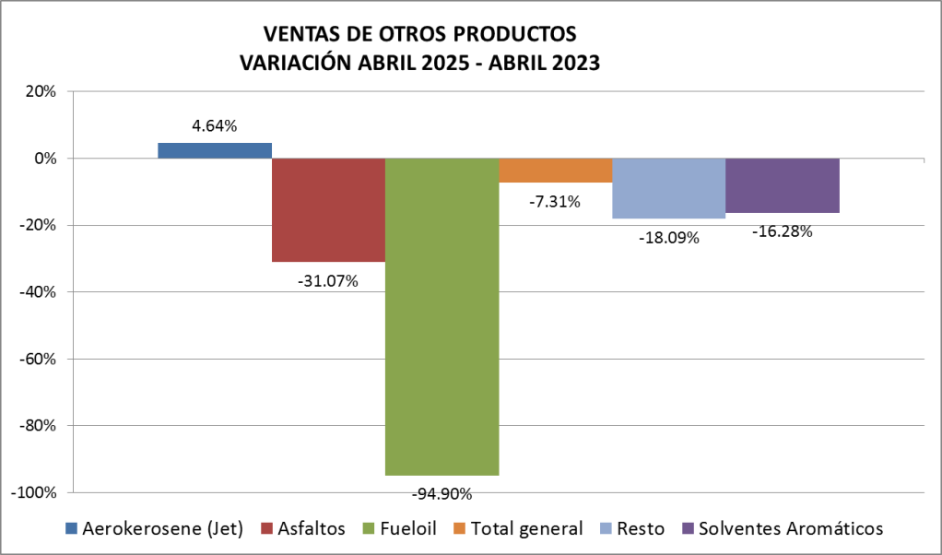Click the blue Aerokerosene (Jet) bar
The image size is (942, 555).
click(x=215, y=150)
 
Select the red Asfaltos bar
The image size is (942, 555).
click(x=328, y=209)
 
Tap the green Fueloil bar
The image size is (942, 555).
click(x=442, y=316)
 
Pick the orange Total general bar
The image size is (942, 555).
click(x=555, y=170)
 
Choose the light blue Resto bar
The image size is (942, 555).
click(x=668, y=188)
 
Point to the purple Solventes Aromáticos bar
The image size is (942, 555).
click(x=782, y=185)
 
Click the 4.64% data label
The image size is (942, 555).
click(x=215, y=126)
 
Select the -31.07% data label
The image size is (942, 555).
click(x=328, y=280)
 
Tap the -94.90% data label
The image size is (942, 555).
click(x=442, y=493)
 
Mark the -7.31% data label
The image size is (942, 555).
click(x=555, y=201)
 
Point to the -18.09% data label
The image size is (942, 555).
click(x=668, y=238)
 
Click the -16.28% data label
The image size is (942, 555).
click(x=782, y=231)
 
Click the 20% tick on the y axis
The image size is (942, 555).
click(x=41, y=91)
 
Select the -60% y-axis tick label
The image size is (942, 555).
click(x=38, y=359)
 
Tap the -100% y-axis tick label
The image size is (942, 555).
click(x=34, y=492)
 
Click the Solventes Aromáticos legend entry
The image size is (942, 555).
click(x=791, y=528)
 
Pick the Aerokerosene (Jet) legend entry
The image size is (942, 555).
click(x=162, y=528)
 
